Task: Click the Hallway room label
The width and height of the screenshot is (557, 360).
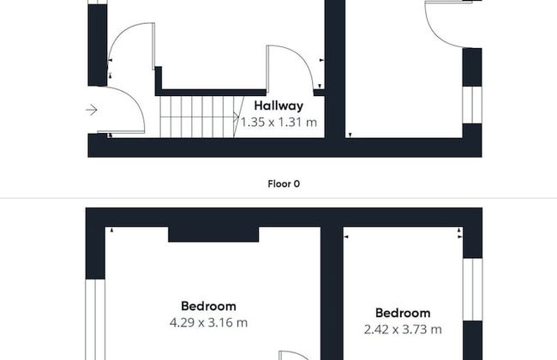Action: (x=278, y=105)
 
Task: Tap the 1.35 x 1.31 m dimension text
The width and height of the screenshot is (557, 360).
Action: (x=278, y=123)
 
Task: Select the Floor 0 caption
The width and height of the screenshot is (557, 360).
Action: (x=284, y=183)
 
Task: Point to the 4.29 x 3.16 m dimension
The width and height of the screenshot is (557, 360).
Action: (x=208, y=322)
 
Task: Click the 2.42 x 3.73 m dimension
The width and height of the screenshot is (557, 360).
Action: (x=403, y=329)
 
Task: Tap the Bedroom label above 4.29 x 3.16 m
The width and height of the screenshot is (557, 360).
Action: (x=208, y=306)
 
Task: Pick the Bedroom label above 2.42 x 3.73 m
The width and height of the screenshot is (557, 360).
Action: (x=403, y=313)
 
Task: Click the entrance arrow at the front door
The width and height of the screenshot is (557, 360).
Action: (x=92, y=110)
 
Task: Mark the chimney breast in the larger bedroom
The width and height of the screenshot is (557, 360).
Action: (x=213, y=235)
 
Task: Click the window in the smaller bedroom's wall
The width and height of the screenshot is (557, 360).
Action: (x=473, y=289)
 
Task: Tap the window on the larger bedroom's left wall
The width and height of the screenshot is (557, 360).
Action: (x=95, y=319)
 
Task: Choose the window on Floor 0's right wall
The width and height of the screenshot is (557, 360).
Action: (x=472, y=105)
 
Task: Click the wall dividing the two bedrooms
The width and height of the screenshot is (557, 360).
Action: (x=332, y=293)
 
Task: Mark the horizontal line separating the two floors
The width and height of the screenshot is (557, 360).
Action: (x=278, y=198)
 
